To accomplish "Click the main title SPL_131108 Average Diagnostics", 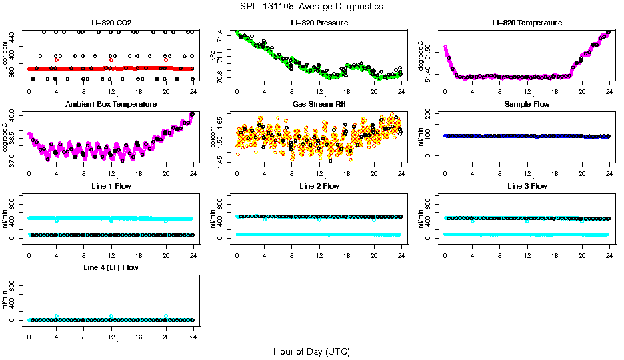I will pos(312,7).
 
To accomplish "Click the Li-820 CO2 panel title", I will pos(111,23).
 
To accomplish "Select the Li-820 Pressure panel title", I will pos(319,23).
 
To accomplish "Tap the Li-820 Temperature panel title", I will pos(527,23).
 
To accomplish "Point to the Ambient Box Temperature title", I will pos(111,105).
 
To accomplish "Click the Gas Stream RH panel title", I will pos(319,105).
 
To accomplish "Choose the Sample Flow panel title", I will pos(527,105).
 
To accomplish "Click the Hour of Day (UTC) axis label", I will pos(311,351).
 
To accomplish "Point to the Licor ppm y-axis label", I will pos(5,55).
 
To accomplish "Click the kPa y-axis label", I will pos(214,55).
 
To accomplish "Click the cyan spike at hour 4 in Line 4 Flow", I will pos(57,316).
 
